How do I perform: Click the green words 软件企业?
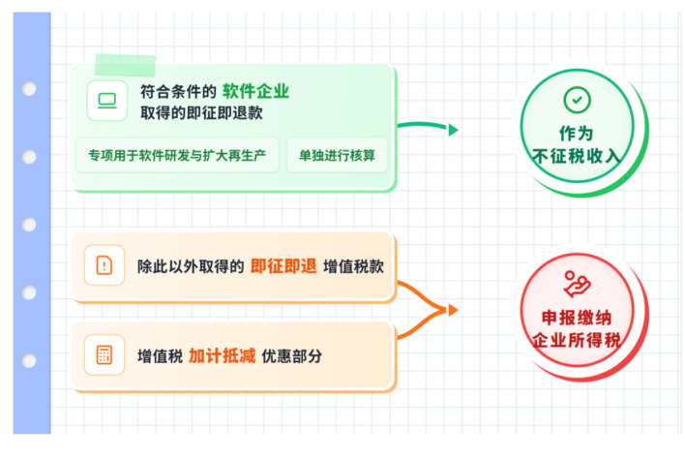(255, 92)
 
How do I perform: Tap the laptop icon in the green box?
(106, 100)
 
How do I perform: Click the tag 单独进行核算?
(337, 155)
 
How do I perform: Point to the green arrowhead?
(452, 130)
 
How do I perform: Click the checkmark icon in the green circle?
(577, 100)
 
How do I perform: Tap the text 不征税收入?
(577, 155)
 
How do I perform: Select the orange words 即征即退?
(283, 265)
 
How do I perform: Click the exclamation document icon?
(104, 264)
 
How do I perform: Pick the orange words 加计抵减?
(222, 355)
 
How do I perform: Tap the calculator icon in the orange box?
(104, 354)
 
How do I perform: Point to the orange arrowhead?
(451, 310)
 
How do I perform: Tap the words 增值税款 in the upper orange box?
(354, 265)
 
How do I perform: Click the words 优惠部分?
(291, 355)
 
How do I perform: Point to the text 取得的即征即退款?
(201, 113)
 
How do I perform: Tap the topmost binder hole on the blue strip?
(30, 89)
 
